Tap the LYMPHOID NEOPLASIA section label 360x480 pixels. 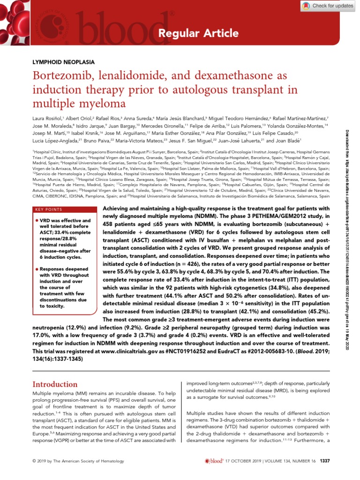point(63,62)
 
